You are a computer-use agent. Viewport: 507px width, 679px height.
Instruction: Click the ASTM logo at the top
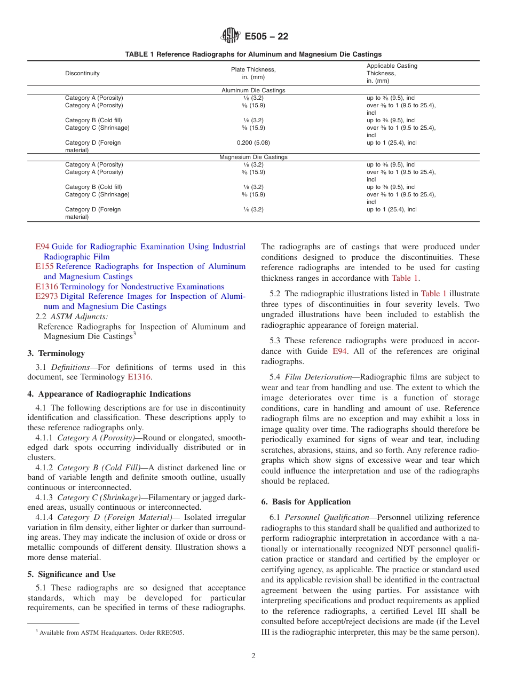coord(231,36)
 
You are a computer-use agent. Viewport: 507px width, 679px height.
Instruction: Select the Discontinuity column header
coord(82,73)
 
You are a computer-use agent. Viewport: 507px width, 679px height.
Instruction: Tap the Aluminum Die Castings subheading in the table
coord(253,90)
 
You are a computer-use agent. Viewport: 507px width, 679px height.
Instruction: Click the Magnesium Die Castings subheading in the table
coord(253,157)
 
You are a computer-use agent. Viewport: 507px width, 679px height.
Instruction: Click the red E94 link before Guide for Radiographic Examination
coord(42,247)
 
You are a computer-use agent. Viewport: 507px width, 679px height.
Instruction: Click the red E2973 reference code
coord(46,296)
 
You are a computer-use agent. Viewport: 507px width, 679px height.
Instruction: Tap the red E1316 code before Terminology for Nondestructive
coord(46,287)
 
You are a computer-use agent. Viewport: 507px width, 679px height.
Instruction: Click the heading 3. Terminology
coord(56,353)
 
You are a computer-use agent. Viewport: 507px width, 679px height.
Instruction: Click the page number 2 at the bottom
coord(253,656)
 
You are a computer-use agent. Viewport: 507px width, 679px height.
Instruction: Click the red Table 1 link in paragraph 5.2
coord(433,294)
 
